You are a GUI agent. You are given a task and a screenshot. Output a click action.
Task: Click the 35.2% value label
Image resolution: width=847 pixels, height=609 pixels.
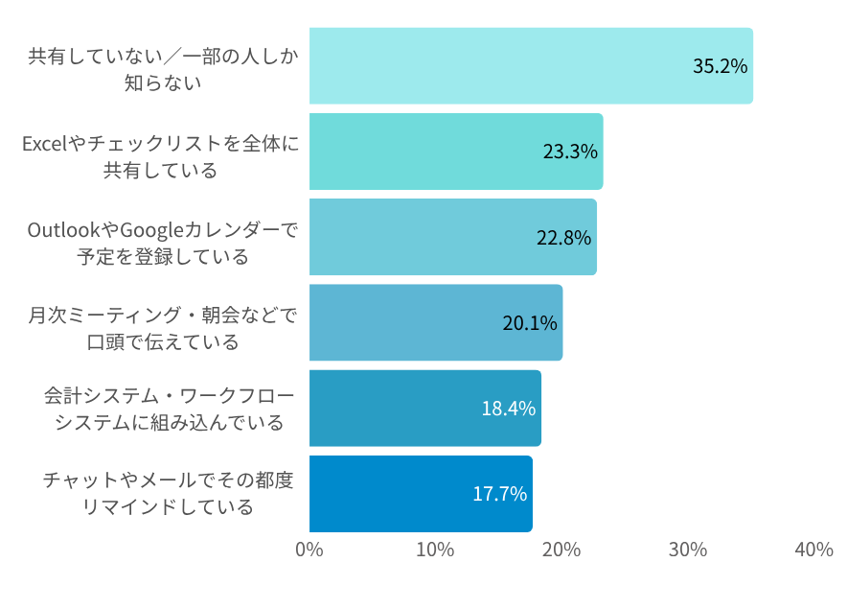(x=720, y=66)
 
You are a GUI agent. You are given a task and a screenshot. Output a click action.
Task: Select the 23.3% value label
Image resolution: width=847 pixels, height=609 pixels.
(x=570, y=152)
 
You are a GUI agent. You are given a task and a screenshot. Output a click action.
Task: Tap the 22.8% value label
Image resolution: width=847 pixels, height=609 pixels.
(x=563, y=238)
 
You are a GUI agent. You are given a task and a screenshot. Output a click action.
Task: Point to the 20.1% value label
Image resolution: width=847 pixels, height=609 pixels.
(x=530, y=323)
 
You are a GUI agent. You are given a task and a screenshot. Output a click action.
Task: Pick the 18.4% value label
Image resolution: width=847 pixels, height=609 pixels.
(x=508, y=409)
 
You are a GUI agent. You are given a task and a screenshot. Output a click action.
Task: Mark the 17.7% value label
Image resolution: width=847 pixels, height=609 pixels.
(x=499, y=494)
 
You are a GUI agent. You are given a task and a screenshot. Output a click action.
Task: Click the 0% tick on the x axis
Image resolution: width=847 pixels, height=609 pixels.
(x=309, y=550)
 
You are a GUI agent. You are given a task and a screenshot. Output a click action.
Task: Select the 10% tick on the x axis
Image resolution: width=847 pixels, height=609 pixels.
(x=435, y=550)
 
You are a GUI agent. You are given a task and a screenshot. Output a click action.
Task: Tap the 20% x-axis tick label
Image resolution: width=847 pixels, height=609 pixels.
(x=561, y=550)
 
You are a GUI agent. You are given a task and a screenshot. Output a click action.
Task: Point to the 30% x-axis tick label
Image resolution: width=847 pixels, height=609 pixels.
(x=688, y=550)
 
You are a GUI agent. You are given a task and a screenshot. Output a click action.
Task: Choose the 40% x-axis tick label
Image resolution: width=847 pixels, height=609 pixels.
(x=813, y=550)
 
